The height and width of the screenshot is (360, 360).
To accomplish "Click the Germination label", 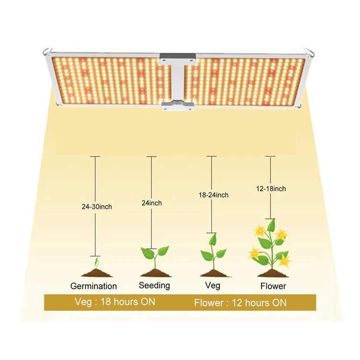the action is (x=94, y=286).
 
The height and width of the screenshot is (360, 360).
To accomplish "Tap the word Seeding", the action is (x=155, y=286).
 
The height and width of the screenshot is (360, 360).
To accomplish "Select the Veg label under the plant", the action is (x=212, y=286).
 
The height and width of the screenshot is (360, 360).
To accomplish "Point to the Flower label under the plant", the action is (x=273, y=286).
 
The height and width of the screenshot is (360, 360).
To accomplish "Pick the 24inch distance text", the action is (x=152, y=203).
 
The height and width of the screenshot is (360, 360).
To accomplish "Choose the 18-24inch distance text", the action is (x=214, y=195).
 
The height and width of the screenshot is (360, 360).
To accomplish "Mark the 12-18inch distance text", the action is (x=271, y=189).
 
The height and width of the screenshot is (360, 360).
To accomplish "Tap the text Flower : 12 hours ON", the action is (x=240, y=303).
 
